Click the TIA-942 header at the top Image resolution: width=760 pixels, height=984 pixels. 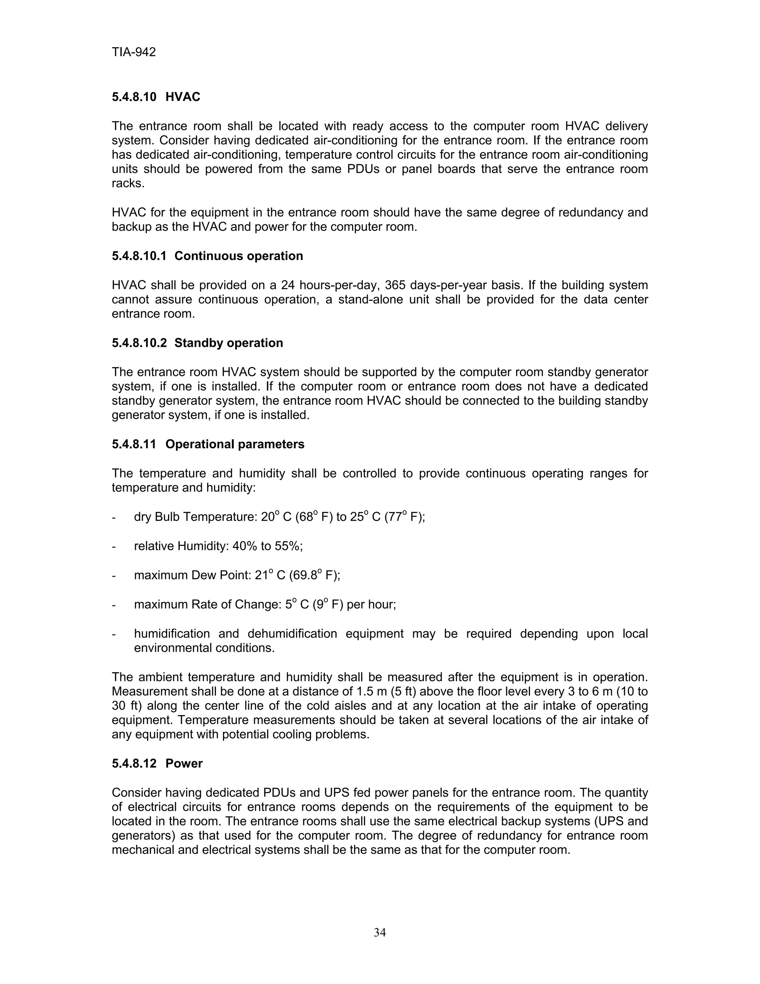pyautogui.click(x=134, y=52)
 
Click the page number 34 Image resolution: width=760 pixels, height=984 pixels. pyautogui.click(x=380, y=932)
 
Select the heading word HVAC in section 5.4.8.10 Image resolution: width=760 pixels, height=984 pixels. pyautogui.click(x=183, y=97)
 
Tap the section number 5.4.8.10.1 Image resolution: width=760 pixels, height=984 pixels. pyautogui.click(x=139, y=256)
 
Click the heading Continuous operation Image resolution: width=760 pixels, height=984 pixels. pyautogui.click(x=239, y=256)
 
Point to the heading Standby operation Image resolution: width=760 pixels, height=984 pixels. pyautogui.click(x=229, y=343)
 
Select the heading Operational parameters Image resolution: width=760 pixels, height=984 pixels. pyautogui.click(x=235, y=444)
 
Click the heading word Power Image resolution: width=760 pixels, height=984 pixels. pyautogui.click(x=184, y=763)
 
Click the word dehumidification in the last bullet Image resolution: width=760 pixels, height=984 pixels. pyautogui.click(x=292, y=633)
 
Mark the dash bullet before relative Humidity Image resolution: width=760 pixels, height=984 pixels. pyautogui.click(x=114, y=547)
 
